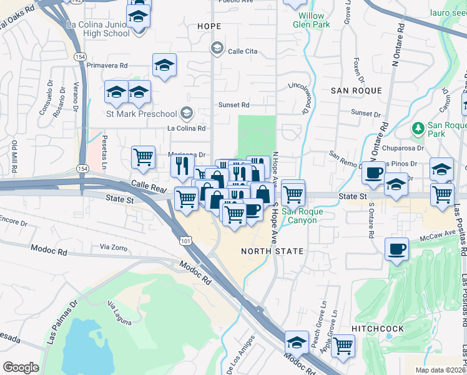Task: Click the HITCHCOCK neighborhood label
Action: (378, 328)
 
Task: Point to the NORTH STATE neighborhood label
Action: (272, 251)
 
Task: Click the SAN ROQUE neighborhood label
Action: (356, 91)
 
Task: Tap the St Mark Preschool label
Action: (142, 113)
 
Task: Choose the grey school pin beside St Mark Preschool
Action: (185, 113)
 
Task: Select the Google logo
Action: (21, 367)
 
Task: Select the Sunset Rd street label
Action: (234, 105)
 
